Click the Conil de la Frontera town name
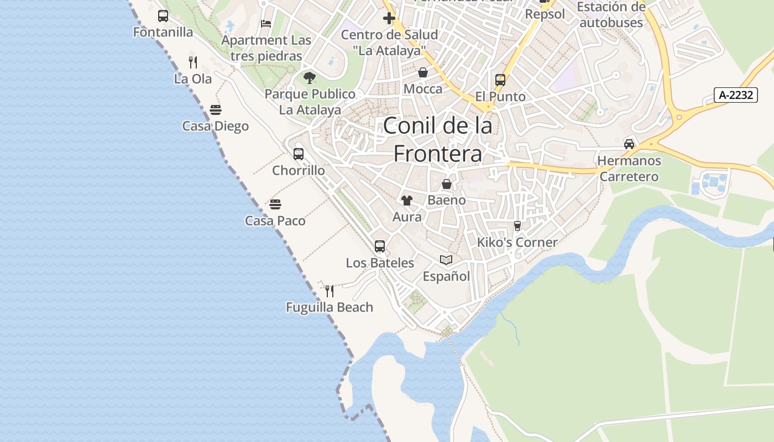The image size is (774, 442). pos(437,139)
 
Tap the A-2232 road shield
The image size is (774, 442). pos(736,95)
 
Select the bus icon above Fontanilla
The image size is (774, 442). pos(163,16)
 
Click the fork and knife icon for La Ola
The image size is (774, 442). pos(192,62)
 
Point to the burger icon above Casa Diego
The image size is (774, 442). pos(216,110)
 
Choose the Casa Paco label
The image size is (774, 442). pos(275,221)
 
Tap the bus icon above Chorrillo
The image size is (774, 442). pos(299,154)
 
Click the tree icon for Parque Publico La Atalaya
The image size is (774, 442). pos(310,77)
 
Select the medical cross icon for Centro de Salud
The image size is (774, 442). pos(389,18)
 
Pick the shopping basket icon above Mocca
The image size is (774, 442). pos(423,72)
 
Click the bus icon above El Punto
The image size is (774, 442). pos(500,80)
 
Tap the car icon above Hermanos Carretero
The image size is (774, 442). pos(629,144)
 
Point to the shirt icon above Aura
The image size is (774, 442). pos(407,201)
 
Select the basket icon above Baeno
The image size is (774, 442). pos(447,184)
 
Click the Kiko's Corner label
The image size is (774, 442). pos(517,242)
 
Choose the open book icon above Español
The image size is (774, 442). pos(446,260)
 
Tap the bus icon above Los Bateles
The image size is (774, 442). pos(380,246)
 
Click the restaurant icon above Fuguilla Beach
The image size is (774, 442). pos(330,291)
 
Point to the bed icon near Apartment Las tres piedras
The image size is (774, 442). pos(266,24)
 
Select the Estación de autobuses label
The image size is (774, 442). pos(611,15)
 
